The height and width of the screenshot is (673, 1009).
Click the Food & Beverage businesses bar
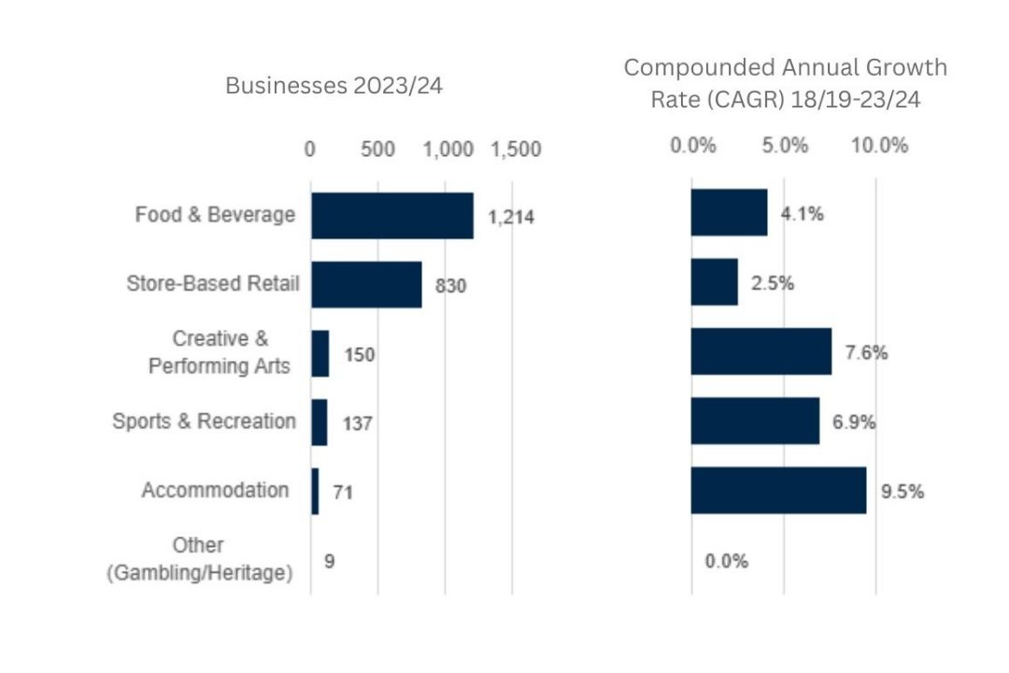pos(392,216)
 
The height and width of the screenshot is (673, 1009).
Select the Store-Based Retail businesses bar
pos(366,284)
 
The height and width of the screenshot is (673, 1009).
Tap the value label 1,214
pos(510,217)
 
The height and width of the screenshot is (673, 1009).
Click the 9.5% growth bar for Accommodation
pos(778,491)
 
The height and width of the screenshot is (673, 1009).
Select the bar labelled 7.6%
pos(760,352)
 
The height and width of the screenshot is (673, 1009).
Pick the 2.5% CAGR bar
pos(714,283)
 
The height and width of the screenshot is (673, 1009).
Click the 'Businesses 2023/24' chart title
pos(334,86)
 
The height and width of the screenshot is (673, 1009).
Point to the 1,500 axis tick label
pos(516,150)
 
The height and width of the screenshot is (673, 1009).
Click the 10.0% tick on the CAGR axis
pos(878,146)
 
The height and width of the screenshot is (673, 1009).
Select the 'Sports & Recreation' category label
pos(204,422)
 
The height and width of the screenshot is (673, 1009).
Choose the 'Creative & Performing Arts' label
pos(220,352)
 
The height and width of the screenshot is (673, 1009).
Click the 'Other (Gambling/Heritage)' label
pos(198,559)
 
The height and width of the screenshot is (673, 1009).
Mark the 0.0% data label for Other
pos(726,561)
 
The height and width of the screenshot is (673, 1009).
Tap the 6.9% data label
pos(853,422)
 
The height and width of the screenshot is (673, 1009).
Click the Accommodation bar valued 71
pos(315,491)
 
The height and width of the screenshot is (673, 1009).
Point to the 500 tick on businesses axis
pos(378,150)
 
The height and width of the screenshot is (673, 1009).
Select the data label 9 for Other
pos(329,561)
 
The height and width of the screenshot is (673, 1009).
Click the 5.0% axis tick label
pos(785,146)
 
